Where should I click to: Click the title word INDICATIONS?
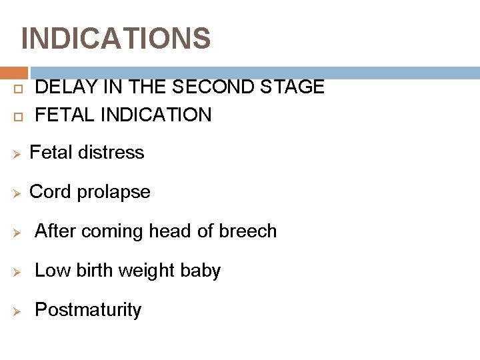point(116,39)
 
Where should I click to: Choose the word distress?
point(115,153)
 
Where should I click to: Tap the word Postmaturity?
point(88,310)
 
